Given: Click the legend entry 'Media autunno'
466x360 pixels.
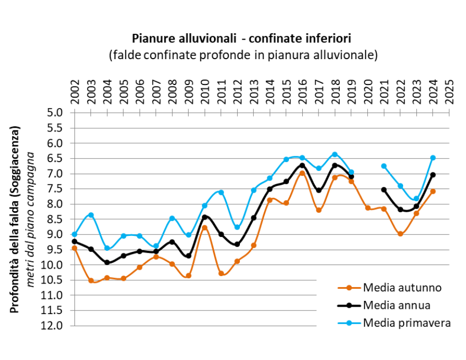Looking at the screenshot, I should [x=402, y=288].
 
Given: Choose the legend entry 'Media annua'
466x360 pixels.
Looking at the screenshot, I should [x=396, y=305].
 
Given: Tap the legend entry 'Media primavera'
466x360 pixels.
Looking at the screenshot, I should [x=406, y=323].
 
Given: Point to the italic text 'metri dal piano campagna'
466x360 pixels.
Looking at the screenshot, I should [x=31, y=219].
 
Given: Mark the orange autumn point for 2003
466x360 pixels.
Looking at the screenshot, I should [x=91, y=280].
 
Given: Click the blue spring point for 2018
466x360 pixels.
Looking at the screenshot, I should [x=334, y=154].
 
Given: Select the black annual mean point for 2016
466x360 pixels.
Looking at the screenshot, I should [x=302, y=165].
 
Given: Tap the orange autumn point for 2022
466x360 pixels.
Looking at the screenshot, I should [x=400, y=234].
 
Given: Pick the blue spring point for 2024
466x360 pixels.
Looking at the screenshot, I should [x=433, y=158].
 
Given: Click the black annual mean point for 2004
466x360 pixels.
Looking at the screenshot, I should [x=107, y=262].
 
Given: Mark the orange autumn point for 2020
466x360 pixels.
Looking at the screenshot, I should [x=367, y=208].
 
